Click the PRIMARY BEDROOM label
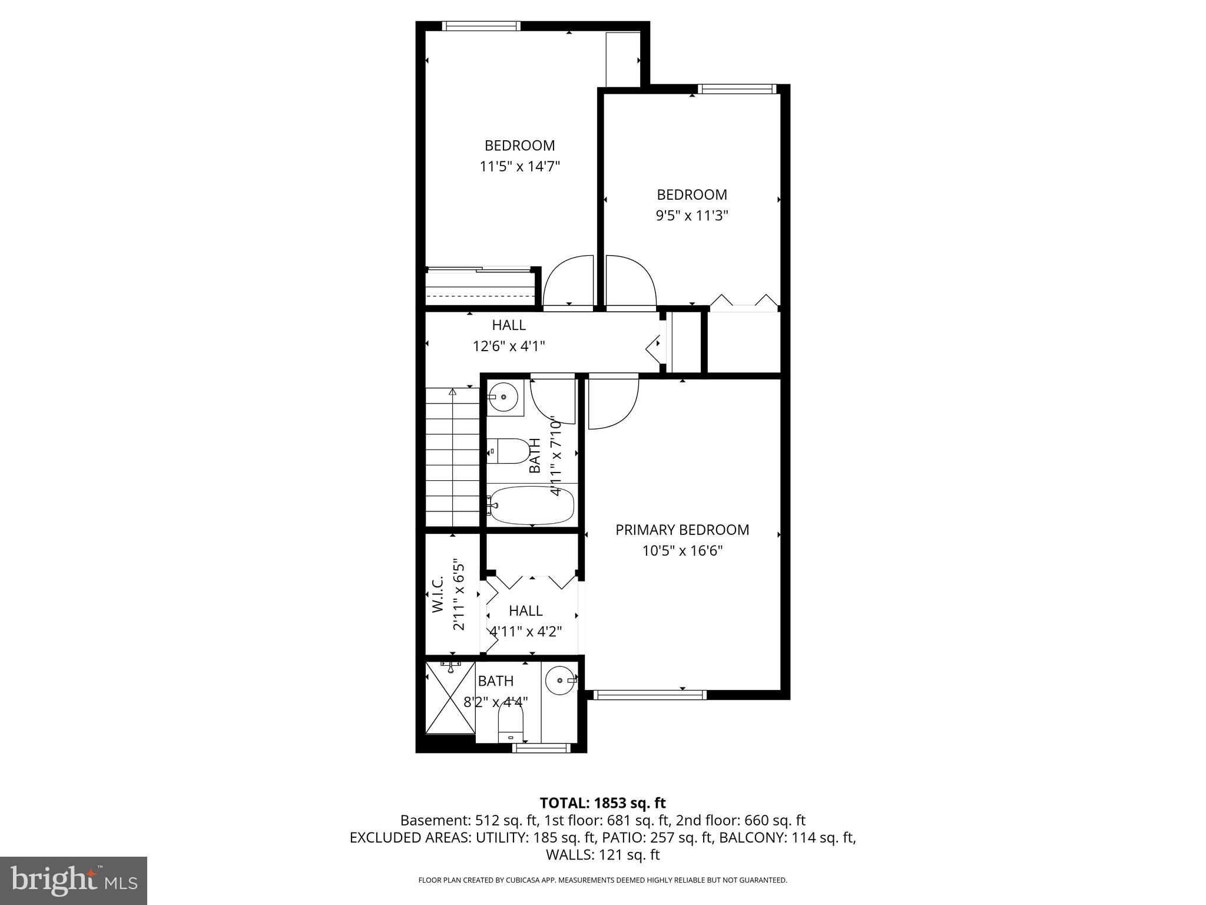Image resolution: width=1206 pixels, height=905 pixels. [x=682, y=530]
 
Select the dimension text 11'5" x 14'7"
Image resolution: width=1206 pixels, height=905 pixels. [x=519, y=167]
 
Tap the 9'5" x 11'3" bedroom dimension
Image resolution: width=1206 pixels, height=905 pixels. [x=692, y=216]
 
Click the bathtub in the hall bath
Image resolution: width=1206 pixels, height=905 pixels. [x=532, y=506]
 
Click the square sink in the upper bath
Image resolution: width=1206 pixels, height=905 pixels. [x=505, y=398]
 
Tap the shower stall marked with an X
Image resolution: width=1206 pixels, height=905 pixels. [x=450, y=698]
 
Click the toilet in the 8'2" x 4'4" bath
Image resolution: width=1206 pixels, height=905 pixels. [x=511, y=724]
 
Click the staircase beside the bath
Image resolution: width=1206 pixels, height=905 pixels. [x=452, y=457]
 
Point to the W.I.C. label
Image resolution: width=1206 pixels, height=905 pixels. [x=438, y=595]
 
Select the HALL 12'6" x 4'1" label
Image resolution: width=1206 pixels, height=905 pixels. [x=509, y=335]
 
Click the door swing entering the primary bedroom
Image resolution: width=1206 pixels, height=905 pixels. [x=612, y=402]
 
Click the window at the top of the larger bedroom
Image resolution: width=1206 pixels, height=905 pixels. [x=481, y=26]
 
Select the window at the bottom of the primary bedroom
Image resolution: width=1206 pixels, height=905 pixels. [x=650, y=695]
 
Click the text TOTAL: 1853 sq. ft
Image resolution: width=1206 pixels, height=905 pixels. [x=602, y=802]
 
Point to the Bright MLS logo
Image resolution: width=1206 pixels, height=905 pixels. [x=74, y=880]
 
